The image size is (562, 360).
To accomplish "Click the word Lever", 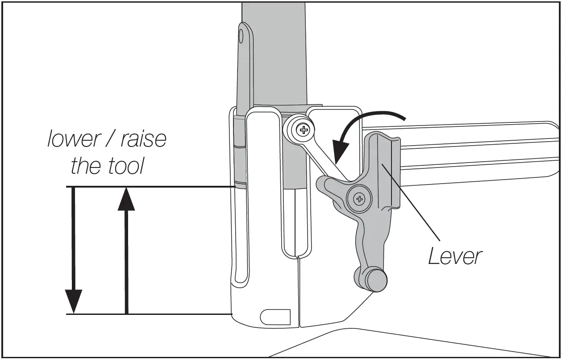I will (455, 256).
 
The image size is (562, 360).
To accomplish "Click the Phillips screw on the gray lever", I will (359, 199).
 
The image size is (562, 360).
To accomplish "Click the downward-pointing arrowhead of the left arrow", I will (74, 301).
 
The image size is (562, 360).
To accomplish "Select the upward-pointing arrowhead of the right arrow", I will (126, 199).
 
